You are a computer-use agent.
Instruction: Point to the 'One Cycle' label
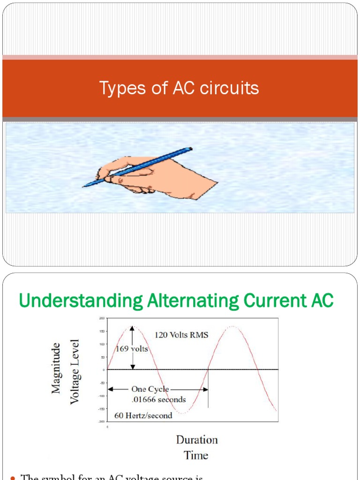[150, 389]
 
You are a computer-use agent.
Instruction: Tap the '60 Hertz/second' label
[143, 415]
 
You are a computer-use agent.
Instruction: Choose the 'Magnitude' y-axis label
[56, 368]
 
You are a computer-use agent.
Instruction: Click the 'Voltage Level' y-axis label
[75, 372]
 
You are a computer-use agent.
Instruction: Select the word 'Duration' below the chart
[197, 440]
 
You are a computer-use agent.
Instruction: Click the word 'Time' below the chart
[196, 455]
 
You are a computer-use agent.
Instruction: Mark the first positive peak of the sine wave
[133, 327]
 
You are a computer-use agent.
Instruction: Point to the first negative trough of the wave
[183, 412]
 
